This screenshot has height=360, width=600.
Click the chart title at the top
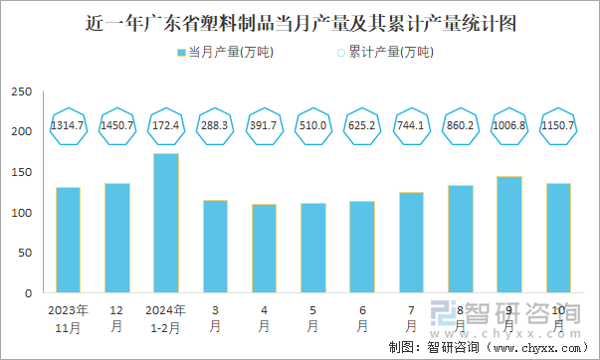(x=300, y=21)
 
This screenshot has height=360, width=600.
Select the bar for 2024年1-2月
(x=166, y=224)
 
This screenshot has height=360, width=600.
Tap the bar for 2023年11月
(x=69, y=241)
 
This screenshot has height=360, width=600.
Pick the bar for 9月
(x=509, y=235)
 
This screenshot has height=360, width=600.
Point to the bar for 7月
(x=411, y=243)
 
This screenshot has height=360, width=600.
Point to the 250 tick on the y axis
(x=22, y=91)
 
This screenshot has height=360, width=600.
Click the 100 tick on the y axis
(x=22, y=213)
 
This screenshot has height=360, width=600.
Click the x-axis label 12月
(x=117, y=317)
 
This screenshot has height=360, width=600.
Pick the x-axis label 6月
(x=362, y=317)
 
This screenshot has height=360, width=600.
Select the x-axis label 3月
(x=215, y=317)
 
